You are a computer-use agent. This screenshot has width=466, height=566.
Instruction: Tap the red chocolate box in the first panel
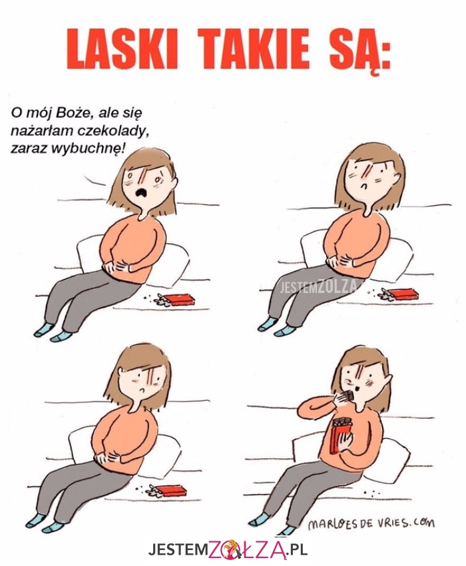pos(179,299)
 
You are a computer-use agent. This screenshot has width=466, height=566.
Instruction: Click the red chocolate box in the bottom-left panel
pos(170,491)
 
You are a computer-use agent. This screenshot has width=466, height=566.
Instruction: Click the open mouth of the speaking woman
pos(140,192)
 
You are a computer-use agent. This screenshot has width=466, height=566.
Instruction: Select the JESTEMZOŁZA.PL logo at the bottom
pos(228,550)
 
